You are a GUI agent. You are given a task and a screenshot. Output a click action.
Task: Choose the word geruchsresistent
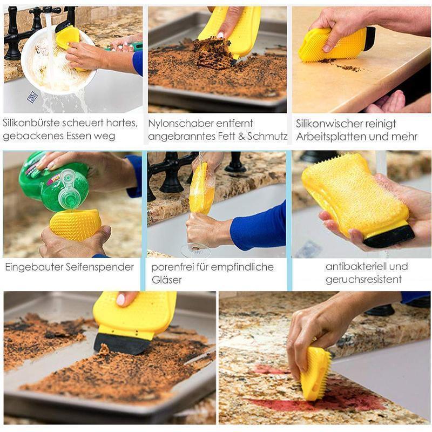click(363, 279)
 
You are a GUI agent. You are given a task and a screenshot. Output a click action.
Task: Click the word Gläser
click(166, 280)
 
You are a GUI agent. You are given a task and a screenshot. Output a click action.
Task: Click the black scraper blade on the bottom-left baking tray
click(121, 344)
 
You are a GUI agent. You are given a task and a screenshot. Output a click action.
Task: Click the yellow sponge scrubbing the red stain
click(315, 373)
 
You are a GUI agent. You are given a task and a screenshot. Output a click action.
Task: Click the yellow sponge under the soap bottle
click(75, 225)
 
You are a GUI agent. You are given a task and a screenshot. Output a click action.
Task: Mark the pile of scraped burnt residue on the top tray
click(213, 53)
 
